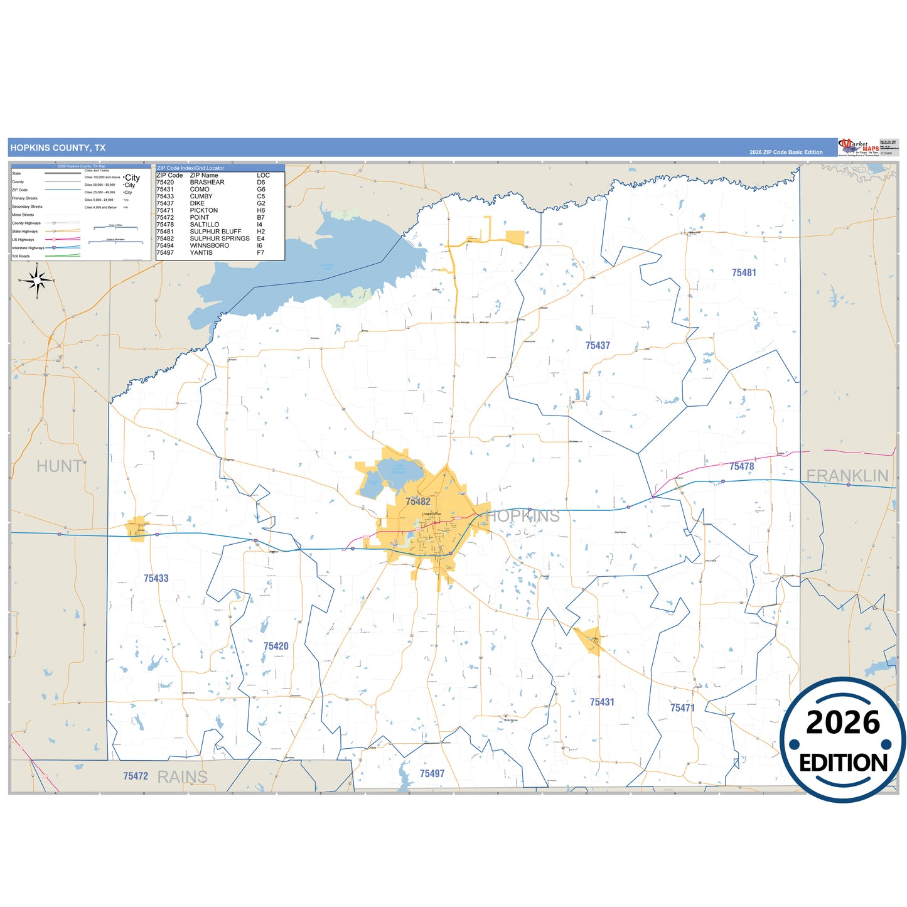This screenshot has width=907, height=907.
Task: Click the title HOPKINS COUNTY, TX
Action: point(58,148)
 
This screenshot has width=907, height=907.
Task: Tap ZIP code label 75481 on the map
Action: point(744,272)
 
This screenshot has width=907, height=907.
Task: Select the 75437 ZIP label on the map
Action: point(598,345)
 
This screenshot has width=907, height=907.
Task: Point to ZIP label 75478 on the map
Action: point(741,466)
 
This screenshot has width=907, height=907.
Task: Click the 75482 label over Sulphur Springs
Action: point(417,502)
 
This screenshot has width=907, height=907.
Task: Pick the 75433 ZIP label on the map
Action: point(156,578)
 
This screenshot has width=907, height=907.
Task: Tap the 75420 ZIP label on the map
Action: point(276,646)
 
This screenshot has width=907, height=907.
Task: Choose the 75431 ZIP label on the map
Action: point(602,702)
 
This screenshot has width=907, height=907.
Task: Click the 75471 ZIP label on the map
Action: point(682,708)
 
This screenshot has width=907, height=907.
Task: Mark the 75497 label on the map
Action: point(432,773)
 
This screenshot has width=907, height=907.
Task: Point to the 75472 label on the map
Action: point(136,776)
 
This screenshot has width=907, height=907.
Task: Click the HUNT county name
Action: point(59,466)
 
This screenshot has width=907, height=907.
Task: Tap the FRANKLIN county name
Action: point(847,476)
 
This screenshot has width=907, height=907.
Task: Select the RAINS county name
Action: point(182,777)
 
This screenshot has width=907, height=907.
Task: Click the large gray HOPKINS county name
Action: point(523,516)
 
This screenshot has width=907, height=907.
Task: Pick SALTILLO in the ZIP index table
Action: point(205,225)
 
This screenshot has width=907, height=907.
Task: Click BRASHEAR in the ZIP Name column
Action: point(207,183)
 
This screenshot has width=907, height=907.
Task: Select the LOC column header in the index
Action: point(263,176)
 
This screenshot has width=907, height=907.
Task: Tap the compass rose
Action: point(37,280)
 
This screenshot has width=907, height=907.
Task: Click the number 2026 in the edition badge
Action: point(842,722)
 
